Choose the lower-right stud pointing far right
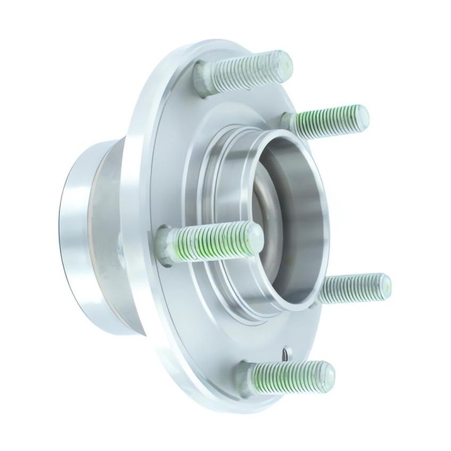coord(353,288)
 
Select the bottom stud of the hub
coord(287,371)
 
